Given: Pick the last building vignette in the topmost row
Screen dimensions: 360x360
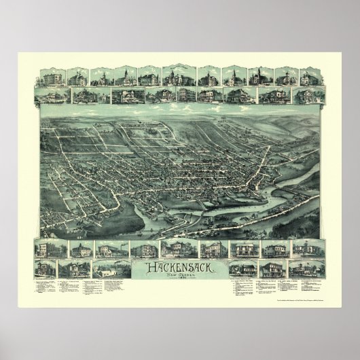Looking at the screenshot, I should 308,75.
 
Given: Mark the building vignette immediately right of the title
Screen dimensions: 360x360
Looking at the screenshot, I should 242,249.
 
